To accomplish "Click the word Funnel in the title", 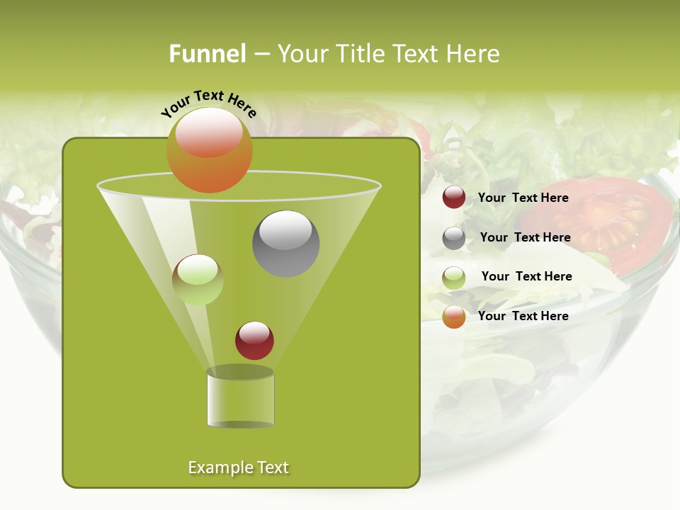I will pos(207,54).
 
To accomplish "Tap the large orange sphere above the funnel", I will pos(209,150).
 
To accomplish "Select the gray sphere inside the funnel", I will pos(285,244).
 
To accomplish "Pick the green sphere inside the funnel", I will pos(198,280).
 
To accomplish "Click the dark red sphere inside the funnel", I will pos(254,341).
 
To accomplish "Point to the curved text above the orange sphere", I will pos(208,103).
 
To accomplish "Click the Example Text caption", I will pos(238,467).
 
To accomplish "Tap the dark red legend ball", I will pos(454,198).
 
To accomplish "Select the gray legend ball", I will pos(454,238).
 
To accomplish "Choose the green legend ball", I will pos(454,277).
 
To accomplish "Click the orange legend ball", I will pos(454,317).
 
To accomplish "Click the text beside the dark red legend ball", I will pos(523,198).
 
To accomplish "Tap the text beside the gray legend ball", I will pos(525,237).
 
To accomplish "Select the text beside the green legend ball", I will pos(526,276).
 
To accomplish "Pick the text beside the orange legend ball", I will pos(523,316).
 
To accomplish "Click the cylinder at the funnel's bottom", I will pos(240,398).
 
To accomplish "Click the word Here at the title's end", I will pos(473,54).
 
